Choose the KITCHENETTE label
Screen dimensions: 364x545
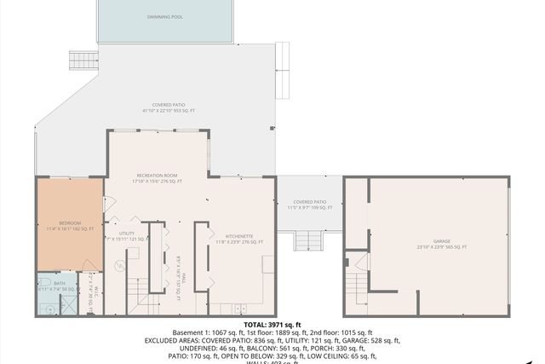click(238, 239)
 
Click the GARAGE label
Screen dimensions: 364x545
click(442, 244)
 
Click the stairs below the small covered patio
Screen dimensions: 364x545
click(307, 240)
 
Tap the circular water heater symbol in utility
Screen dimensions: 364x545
click(119, 267)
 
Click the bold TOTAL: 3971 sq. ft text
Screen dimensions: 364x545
click(272, 325)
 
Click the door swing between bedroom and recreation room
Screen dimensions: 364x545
click(109, 204)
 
